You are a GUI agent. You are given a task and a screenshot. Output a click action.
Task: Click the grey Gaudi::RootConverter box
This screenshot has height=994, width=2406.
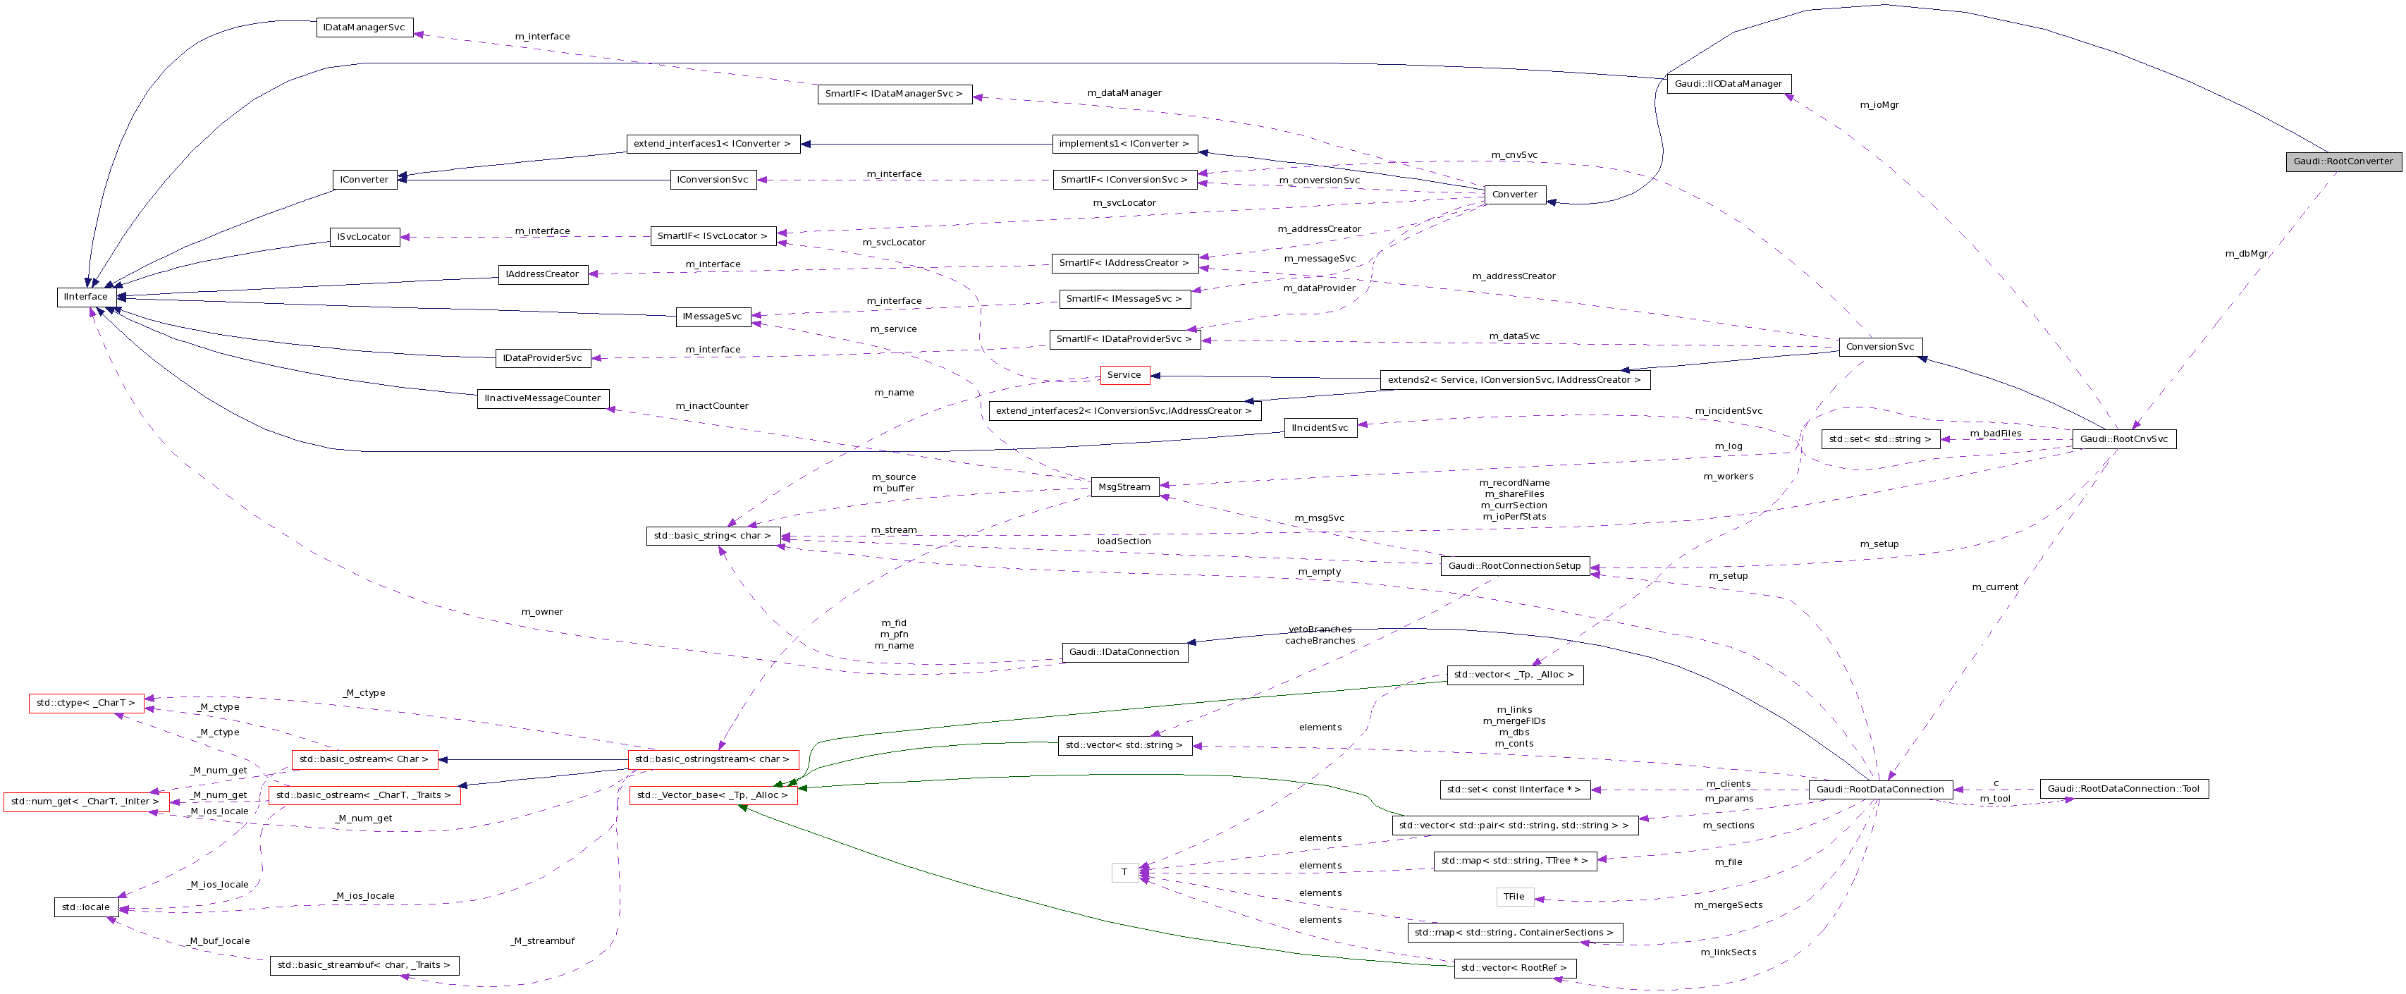pos(2343,161)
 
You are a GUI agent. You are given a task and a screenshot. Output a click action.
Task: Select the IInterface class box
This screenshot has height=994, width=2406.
pos(86,297)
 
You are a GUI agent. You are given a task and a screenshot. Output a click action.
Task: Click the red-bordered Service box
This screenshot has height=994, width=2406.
pos(1124,374)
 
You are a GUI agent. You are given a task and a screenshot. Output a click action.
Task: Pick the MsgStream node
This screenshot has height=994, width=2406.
pos(1124,486)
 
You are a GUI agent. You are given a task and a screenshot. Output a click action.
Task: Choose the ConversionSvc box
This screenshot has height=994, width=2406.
pos(1879,347)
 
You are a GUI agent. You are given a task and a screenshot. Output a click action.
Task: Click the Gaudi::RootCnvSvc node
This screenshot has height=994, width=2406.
pos(2123,439)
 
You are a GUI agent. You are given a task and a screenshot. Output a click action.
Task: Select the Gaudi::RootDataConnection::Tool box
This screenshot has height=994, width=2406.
pos(2123,788)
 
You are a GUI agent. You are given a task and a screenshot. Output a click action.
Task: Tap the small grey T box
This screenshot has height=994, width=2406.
pos(1124,871)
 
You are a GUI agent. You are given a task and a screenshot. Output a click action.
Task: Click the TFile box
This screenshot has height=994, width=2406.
pos(1514,897)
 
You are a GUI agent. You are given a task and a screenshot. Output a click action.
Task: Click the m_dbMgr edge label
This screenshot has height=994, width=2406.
pos(2245,253)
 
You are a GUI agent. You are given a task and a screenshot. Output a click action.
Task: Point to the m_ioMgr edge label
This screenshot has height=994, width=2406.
pos(1879,104)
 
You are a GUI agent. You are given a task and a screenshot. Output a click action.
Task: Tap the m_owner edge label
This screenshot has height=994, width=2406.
pos(541,612)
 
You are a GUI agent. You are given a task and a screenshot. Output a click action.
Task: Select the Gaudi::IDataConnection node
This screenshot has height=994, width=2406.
pos(1124,652)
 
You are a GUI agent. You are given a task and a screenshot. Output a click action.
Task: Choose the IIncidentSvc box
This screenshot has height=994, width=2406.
pos(1320,428)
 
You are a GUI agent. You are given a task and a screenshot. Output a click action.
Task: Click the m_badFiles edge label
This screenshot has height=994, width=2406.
pos(1995,434)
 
